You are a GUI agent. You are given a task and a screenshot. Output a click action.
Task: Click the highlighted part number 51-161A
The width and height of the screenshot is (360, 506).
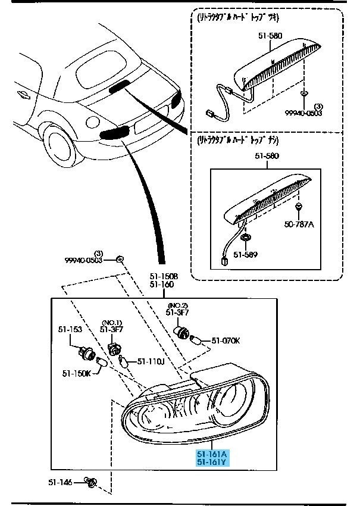pyautogui.click(x=212, y=454)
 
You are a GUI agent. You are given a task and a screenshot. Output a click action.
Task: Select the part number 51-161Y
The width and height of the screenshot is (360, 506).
pyautogui.click(x=212, y=463)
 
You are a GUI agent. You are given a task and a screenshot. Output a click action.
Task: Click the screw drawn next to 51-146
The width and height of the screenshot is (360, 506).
pyautogui.click(x=90, y=481)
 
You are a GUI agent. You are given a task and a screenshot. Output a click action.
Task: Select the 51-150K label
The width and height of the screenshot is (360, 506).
pyautogui.click(x=76, y=373)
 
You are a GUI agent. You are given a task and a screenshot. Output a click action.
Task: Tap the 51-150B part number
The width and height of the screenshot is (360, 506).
pyautogui.click(x=161, y=276)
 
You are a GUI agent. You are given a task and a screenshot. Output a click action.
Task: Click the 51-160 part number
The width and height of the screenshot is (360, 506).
pyautogui.click(x=161, y=285)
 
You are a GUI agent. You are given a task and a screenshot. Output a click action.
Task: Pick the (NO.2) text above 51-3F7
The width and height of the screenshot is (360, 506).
pyautogui.click(x=177, y=305)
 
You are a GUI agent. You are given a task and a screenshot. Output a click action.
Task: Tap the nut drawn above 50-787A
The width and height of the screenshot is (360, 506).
pyautogui.click(x=298, y=207)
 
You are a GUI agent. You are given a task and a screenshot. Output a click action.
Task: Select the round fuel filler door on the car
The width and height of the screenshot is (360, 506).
pyautogui.click(x=92, y=123)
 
